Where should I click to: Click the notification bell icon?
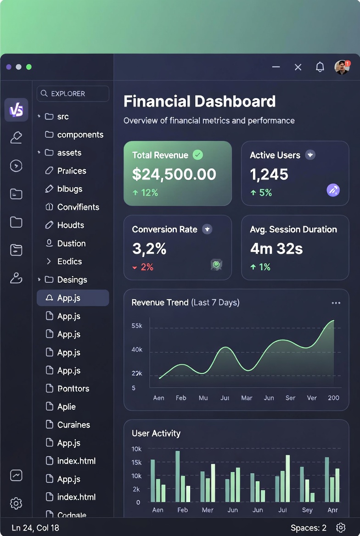point(320,67)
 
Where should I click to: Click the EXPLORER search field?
point(73,94)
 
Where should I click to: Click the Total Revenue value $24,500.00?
point(174,174)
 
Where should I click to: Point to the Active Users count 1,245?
point(269,174)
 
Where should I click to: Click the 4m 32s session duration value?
point(276,248)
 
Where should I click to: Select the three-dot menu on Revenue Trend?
point(336,303)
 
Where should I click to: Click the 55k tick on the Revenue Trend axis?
point(137,326)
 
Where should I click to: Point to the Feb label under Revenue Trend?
point(181,398)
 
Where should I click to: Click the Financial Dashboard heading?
point(200,101)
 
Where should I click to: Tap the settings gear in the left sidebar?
point(16,503)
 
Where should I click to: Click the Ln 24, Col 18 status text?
point(35,528)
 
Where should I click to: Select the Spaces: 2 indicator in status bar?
point(309,528)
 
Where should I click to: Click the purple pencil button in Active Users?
point(333,190)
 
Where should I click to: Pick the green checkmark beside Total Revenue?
point(198,155)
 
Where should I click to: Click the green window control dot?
point(29,67)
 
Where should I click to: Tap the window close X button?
point(298,67)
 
